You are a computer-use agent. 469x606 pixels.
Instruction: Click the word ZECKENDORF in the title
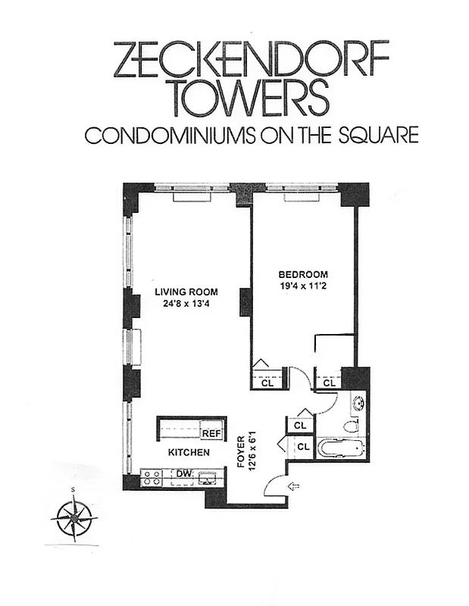[250, 59]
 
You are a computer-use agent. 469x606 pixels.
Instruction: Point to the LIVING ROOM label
[186, 292]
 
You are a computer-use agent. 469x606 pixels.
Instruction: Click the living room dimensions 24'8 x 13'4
[186, 305]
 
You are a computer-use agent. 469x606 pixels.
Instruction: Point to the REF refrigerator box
[212, 433]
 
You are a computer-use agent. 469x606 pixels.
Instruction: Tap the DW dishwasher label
[183, 474]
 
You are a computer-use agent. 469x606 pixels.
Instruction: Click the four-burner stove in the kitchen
[151, 477]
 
